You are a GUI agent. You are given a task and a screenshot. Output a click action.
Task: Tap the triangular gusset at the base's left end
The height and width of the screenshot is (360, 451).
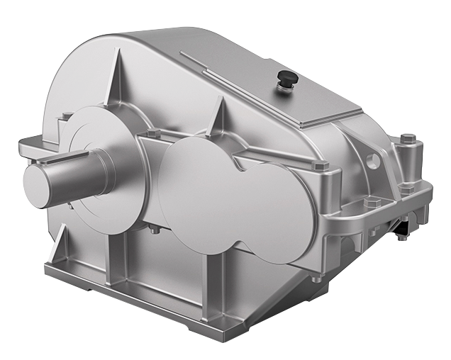59,241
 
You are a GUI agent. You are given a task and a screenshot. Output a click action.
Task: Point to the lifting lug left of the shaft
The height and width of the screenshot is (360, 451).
32,147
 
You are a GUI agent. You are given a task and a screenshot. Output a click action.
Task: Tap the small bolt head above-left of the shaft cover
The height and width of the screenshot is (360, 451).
66,116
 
